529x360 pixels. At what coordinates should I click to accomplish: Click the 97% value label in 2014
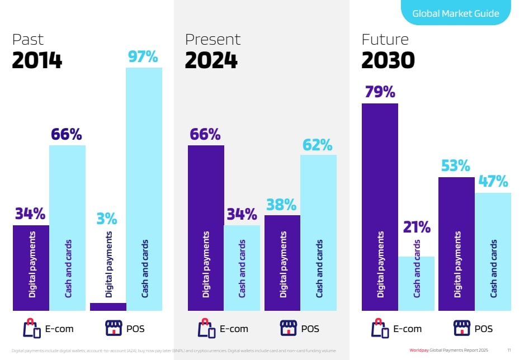coord(143,57)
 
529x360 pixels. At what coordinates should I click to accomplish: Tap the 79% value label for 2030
coord(380,92)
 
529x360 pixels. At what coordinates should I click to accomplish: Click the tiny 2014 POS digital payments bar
coord(108,306)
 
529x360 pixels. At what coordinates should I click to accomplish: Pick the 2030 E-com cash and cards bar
coord(417,283)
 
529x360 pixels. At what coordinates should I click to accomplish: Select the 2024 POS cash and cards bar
coord(319,233)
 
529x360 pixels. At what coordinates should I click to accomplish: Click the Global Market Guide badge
coord(455,13)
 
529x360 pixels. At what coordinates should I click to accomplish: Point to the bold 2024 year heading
coord(211,60)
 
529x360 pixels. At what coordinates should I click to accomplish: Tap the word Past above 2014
coord(28,40)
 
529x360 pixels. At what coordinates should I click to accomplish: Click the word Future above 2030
coord(385,40)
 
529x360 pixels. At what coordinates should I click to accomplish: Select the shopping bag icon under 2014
coord(32,328)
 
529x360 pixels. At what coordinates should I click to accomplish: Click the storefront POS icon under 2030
coord(462,328)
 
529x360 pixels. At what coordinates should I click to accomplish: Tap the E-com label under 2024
coord(233,329)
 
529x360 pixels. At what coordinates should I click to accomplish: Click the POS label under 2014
coord(136,329)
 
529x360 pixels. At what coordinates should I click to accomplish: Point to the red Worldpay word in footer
coord(419,350)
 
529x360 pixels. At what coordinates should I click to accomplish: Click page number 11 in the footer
coord(509,350)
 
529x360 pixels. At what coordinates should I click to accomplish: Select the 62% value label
coord(318,145)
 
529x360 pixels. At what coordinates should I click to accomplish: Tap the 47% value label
coord(493,182)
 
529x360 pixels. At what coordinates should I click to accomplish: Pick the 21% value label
coord(417,228)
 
